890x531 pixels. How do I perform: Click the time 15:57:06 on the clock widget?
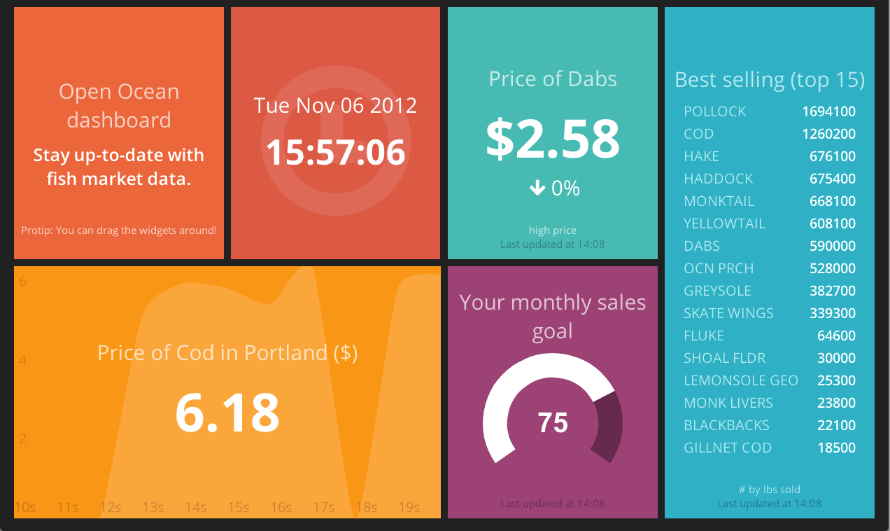point(335,152)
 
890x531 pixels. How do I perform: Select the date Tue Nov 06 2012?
point(335,106)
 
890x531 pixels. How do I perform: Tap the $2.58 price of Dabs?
point(553,139)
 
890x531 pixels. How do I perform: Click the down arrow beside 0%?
point(537,188)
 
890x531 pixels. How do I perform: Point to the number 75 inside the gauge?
point(553,422)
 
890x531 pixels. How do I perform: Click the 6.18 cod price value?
point(227,413)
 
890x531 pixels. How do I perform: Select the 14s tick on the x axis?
point(195,508)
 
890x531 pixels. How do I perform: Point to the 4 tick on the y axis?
point(23,360)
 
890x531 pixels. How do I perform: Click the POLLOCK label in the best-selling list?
point(715,112)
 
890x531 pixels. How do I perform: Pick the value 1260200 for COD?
point(829,134)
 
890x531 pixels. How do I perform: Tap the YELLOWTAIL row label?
point(724,223)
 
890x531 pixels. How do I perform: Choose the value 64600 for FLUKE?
point(836,336)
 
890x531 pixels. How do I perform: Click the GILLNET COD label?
point(728,448)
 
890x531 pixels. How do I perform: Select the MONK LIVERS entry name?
point(728,403)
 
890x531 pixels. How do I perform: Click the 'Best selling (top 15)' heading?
point(770,80)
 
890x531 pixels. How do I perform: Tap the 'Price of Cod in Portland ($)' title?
point(227,353)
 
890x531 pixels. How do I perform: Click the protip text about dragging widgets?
point(119,230)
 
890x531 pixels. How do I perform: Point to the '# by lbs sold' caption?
point(769,490)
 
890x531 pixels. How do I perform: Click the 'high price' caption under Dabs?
point(553,230)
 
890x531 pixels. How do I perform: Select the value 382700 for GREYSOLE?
point(833,291)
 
